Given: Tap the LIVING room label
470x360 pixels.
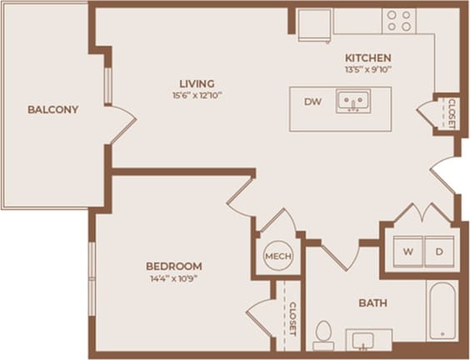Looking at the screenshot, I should pos(197,83).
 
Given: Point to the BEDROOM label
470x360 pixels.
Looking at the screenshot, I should pos(173,266).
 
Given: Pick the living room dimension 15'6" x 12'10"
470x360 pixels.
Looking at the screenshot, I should pos(197,95).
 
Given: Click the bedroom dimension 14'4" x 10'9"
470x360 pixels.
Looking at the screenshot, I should pos(173,277).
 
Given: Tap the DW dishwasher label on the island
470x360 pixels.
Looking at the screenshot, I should pos(312,102).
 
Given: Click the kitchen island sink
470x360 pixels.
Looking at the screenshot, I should pos(354,102).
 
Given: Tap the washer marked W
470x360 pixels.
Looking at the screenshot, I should pos(408,251).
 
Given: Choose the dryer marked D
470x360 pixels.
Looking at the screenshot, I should pos(438,251).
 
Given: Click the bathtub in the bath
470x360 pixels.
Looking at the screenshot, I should pos(442,311).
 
